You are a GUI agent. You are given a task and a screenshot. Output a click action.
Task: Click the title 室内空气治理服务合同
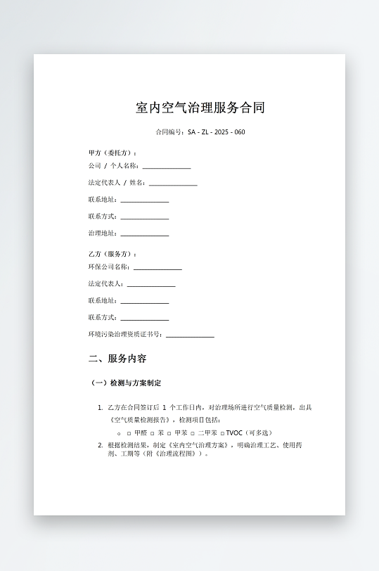pos(200,108)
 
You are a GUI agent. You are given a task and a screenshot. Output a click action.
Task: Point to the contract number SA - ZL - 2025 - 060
pos(216,132)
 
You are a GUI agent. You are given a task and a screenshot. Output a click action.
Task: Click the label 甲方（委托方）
pos(113,153)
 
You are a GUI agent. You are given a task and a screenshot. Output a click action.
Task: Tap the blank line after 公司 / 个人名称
pos(167,167)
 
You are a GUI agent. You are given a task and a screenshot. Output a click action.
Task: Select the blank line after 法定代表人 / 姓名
pos(173,184)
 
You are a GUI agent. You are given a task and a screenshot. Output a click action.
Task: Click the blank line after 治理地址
pos(145,234)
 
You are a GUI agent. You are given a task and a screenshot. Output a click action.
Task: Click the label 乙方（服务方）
pos(113,254)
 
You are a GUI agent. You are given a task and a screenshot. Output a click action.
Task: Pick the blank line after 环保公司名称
pos(158,268)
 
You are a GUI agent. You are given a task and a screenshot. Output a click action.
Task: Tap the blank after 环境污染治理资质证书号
pos(190,335)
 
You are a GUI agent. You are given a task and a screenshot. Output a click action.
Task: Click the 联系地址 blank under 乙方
pos(145,301)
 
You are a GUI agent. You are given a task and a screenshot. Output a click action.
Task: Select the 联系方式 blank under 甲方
pos(145,217)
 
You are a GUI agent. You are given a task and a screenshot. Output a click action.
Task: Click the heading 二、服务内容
pos(117,359)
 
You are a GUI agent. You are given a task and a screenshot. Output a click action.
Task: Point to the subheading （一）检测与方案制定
pos(126,383)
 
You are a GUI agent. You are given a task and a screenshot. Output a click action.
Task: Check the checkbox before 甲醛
pos(129,433)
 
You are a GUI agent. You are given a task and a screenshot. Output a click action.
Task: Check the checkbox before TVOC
pos(222,433)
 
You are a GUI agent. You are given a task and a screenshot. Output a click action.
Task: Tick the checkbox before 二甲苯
pos(193,433)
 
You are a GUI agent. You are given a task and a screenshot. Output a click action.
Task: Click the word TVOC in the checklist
pos(233,433)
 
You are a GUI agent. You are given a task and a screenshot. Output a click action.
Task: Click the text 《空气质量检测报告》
pos(139,420)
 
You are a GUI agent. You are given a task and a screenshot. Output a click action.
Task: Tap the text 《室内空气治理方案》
pos(199,446)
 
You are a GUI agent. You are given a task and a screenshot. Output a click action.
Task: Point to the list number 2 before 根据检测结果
pos(100,446)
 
